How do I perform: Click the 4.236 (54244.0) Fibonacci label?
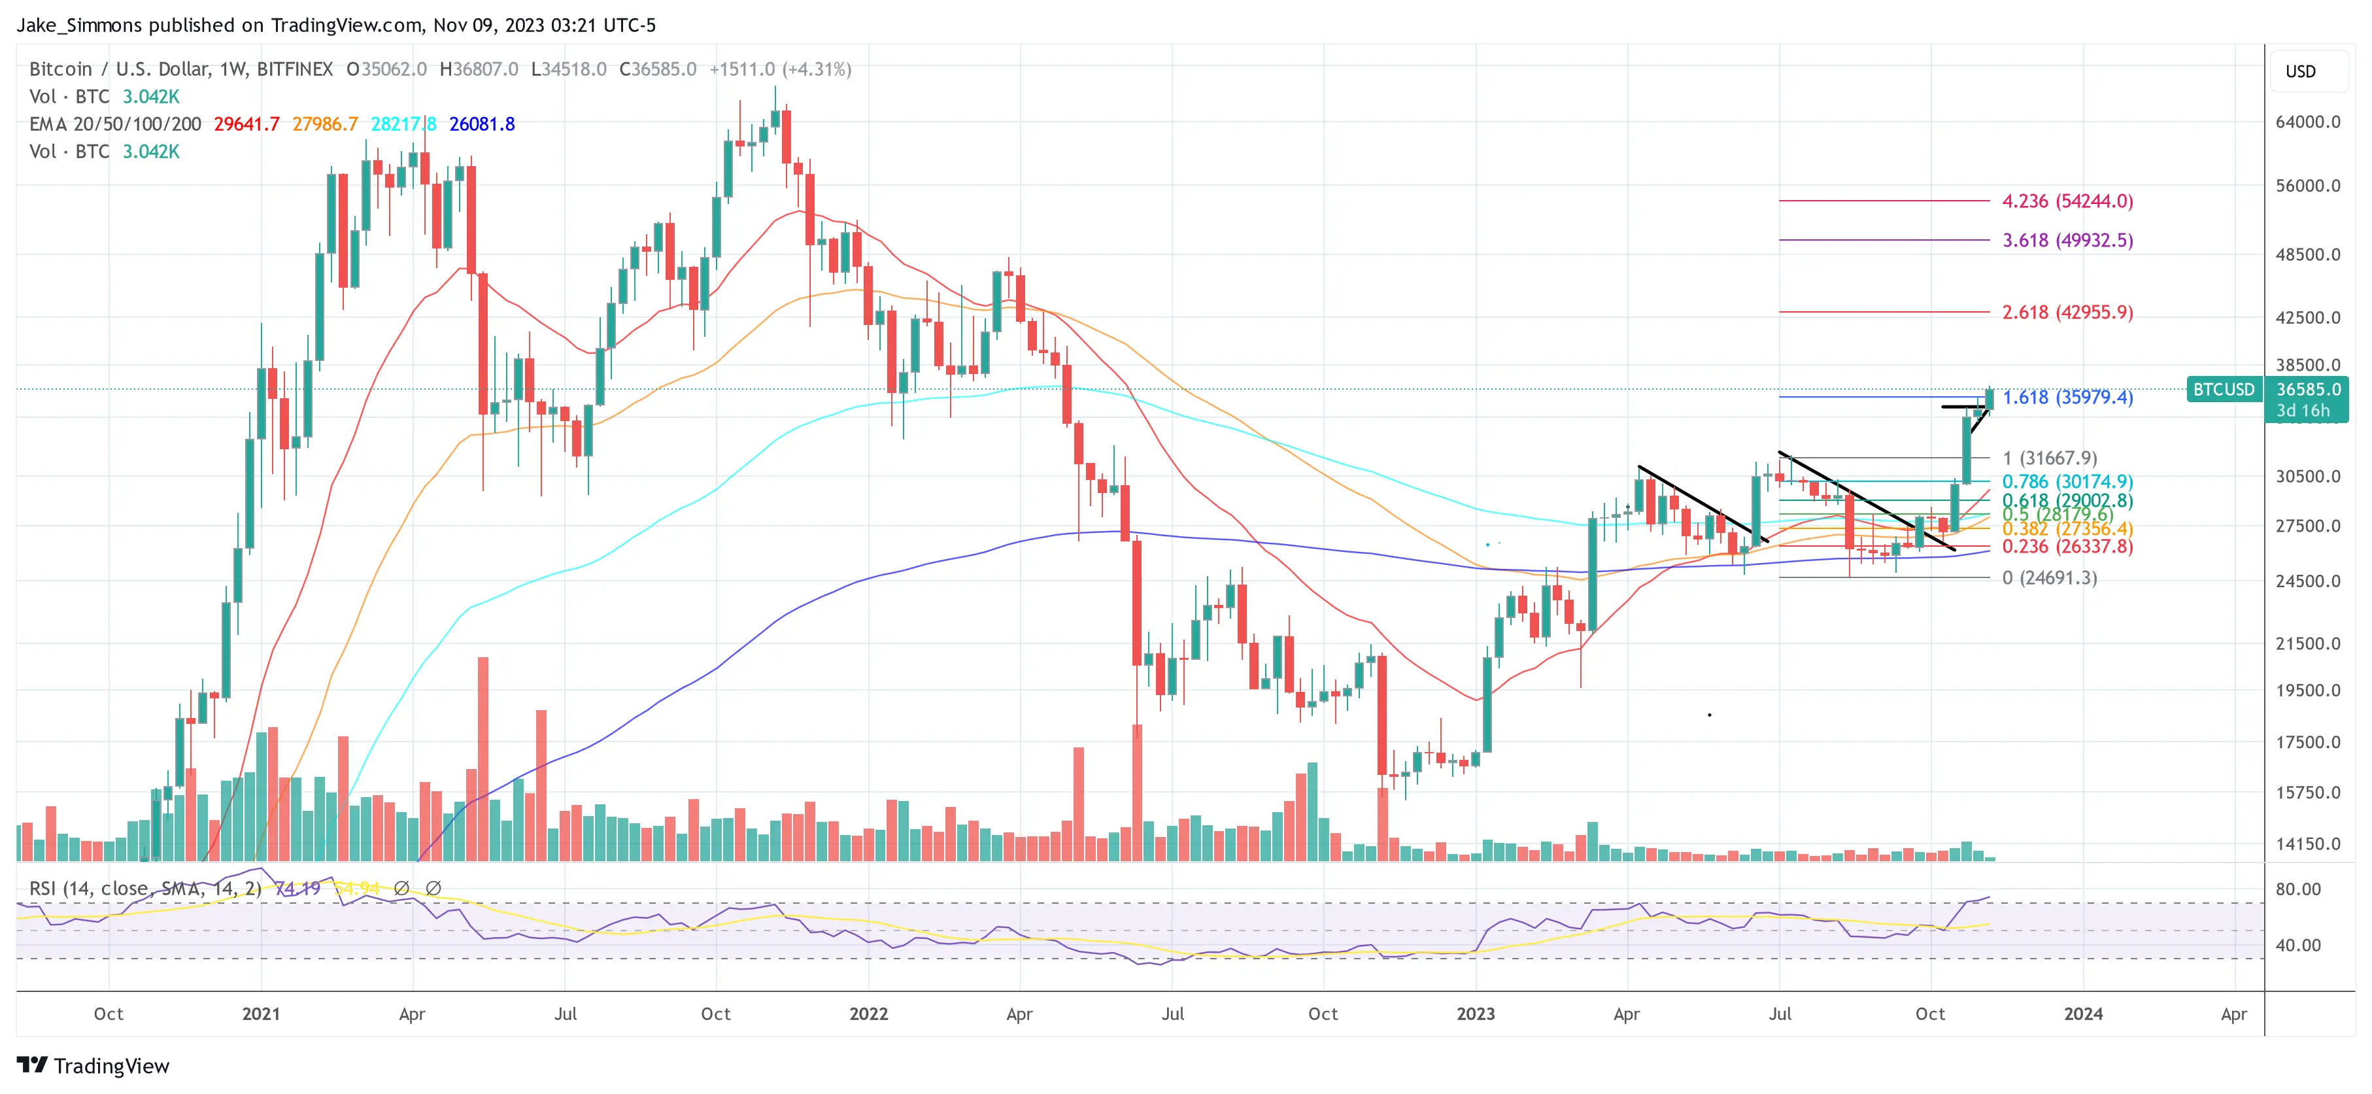(x=2067, y=201)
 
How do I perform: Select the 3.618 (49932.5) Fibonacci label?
(x=2067, y=241)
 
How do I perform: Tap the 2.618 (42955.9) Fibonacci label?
(x=2067, y=312)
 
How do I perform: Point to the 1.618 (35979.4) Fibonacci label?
(x=2067, y=397)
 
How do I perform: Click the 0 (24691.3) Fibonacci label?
(x=2049, y=577)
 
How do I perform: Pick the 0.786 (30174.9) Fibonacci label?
(x=2067, y=482)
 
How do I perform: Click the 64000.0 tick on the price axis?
(x=2307, y=122)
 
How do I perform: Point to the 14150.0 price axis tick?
(x=2307, y=844)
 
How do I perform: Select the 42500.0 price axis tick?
(x=2307, y=318)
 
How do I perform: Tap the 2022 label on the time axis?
(x=868, y=1014)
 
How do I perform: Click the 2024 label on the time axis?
(x=2083, y=1014)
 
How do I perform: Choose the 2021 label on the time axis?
(x=261, y=1014)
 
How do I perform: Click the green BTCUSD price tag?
(x=2223, y=390)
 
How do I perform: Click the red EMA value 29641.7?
(x=246, y=124)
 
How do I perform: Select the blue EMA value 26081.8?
(x=482, y=124)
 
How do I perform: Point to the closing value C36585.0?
(x=658, y=69)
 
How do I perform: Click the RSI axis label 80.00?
(x=2298, y=889)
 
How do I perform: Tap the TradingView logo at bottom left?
(x=93, y=1065)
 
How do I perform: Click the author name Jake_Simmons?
(x=79, y=25)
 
